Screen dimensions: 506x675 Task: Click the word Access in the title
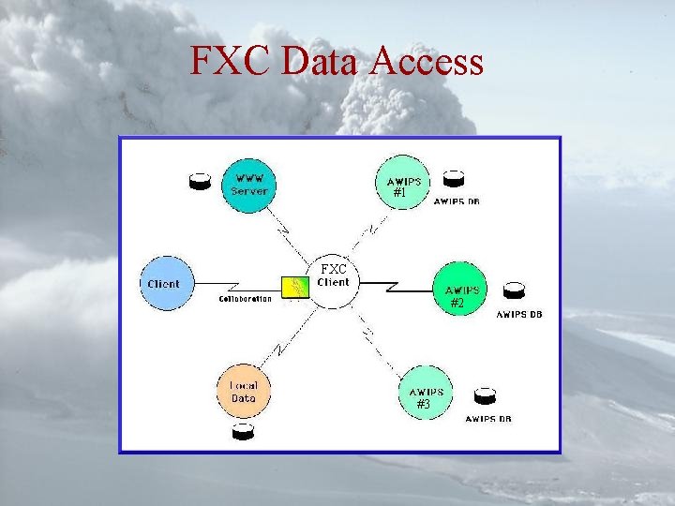(427, 62)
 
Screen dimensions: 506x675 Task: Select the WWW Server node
(249, 184)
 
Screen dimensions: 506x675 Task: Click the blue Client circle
(164, 284)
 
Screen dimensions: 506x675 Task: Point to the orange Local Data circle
(243, 392)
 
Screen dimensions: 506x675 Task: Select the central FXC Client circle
(334, 279)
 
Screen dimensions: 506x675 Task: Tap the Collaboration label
(246, 300)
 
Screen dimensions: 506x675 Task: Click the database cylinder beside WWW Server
(200, 182)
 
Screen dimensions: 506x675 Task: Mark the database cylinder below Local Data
(243, 431)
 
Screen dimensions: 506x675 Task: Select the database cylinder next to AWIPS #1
(454, 178)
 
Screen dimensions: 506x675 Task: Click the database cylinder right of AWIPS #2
(513, 290)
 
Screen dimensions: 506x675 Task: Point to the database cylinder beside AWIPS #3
(484, 395)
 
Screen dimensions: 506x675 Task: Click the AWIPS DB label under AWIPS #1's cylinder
(457, 201)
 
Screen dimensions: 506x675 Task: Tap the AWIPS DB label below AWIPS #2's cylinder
(518, 315)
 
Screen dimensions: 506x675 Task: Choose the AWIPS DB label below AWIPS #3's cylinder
(488, 419)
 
